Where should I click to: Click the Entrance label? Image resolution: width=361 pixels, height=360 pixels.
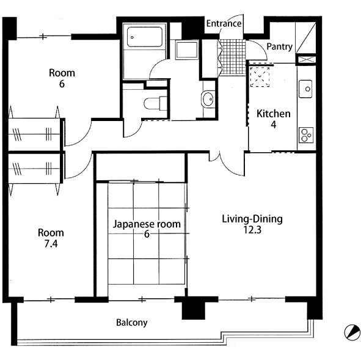[224, 23]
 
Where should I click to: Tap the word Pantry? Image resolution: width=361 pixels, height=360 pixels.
[280, 46]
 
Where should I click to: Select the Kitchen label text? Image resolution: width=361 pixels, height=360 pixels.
[274, 114]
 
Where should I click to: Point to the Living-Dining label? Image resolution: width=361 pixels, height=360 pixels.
[252, 219]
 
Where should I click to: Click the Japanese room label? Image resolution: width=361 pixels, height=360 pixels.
[147, 224]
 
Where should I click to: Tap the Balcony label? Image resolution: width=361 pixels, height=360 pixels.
[132, 323]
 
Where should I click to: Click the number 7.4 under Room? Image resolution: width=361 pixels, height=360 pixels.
[51, 244]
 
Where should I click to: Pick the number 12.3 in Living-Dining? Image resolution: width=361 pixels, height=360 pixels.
[252, 230]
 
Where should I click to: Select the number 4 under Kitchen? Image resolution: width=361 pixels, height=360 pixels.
[273, 125]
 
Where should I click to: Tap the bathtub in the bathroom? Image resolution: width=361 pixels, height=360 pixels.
[145, 37]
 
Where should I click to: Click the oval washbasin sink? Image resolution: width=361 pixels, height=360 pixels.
[208, 99]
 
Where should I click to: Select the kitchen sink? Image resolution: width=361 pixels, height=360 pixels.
[305, 89]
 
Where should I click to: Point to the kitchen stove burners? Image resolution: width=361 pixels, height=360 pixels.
[306, 134]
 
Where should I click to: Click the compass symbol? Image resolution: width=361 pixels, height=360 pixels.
[352, 332]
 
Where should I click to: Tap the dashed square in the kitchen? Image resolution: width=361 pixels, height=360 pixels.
[260, 77]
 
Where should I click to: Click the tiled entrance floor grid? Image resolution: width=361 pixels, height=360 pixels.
[232, 57]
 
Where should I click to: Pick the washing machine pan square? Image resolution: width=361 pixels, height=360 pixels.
[187, 50]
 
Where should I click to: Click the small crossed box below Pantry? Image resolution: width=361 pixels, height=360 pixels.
[306, 59]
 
